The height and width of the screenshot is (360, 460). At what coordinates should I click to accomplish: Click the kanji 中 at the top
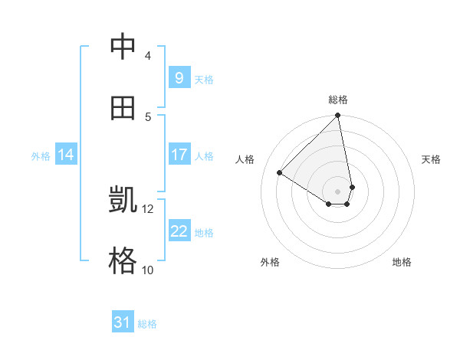[x=123, y=47]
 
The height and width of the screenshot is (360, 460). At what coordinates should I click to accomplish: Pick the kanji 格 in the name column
[x=123, y=261]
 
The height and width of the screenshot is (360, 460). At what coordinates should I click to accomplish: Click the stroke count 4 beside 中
[x=148, y=55]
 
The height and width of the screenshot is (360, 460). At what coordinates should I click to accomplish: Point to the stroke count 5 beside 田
[x=148, y=116]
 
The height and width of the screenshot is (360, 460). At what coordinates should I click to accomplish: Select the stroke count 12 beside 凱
[x=148, y=208]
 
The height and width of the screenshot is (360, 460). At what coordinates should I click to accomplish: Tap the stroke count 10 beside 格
[x=148, y=270]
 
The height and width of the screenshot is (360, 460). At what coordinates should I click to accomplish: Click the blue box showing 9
[x=179, y=77]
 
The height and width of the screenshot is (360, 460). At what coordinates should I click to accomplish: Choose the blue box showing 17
[x=179, y=155]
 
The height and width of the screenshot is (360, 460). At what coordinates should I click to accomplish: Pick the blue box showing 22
[x=179, y=231]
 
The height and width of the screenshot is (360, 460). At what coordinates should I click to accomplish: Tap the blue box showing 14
[x=65, y=155]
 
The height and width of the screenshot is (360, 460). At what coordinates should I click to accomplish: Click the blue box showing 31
[x=122, y=322]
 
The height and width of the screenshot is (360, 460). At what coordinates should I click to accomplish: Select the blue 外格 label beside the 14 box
[x=41, y=155]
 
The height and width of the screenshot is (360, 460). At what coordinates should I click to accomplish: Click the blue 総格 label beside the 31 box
[x=147, y=324]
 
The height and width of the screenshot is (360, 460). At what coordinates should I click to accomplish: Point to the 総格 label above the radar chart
[x=338, y=100]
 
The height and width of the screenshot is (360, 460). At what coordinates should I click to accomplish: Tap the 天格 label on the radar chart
[x=432, y=159]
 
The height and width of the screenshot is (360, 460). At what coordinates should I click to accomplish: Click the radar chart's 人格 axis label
[x=245, y=159]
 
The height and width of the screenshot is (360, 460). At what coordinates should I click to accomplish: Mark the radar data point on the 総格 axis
[x=338, y=116]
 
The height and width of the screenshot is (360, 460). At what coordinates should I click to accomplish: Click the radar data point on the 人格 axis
[x=280, y=172]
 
